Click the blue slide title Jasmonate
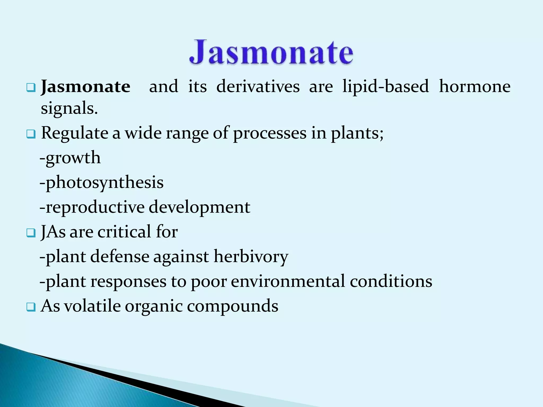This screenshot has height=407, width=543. [x=271, y=52]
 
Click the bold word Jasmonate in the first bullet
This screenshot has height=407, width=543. [x=86, y=87]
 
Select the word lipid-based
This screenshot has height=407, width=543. [x=386, y=87]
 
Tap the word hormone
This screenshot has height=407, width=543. [x=475, y=87]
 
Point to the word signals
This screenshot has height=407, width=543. [x=69, y=109]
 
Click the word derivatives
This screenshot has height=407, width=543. [x=258, y=87]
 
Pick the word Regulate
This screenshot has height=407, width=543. [x=75, y=133]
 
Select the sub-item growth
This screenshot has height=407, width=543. [x=73, y=158]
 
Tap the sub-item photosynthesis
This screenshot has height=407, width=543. [x=104, y=183]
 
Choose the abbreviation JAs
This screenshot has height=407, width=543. [x=53, y=232]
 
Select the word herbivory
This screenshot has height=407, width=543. [x=251, y=257]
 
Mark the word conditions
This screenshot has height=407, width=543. [x=391, y=281]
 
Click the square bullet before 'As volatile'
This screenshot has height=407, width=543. [x=31, y=307]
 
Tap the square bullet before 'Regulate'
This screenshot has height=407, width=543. [x=31, y=134]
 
